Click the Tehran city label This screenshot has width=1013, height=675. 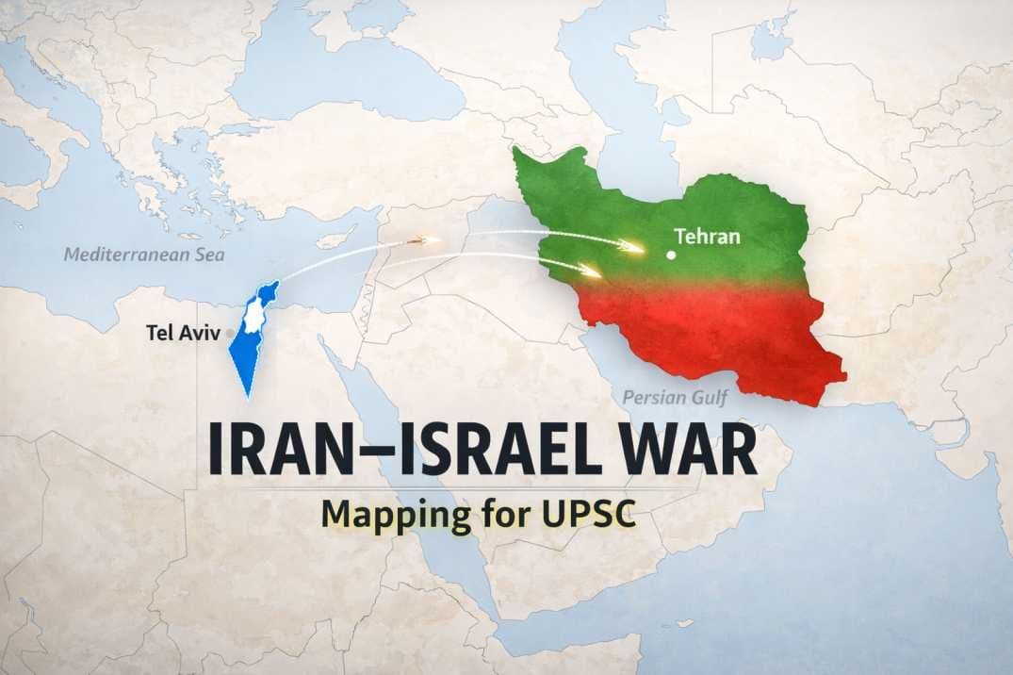708,236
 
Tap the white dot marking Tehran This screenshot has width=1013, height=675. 670,255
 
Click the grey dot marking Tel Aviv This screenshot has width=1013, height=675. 231,333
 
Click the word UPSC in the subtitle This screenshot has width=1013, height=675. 588,515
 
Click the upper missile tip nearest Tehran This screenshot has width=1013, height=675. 638,250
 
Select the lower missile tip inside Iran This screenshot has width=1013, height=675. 595,273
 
